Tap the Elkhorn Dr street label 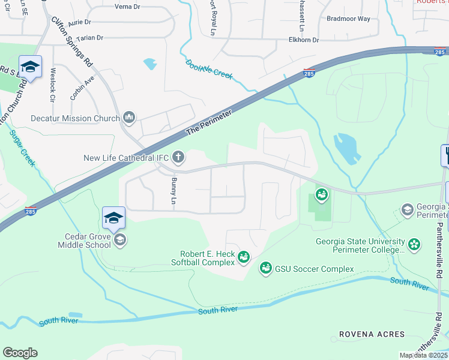303,40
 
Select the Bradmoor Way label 348,19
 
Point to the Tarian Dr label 90,38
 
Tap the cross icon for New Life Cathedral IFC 178,158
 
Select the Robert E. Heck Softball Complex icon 243,257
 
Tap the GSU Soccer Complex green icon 265,268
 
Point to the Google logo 20,353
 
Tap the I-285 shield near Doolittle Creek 309,73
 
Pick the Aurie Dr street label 79,22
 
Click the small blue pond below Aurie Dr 149,63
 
